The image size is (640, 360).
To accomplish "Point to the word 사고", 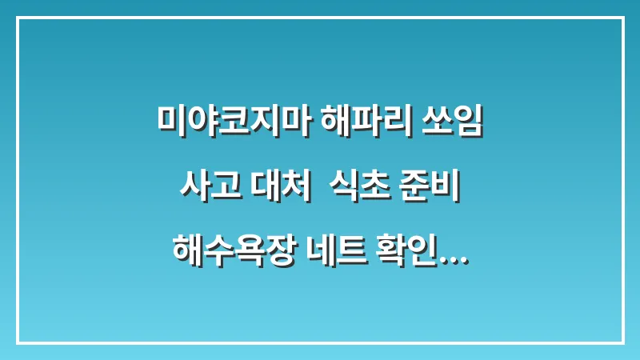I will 200,189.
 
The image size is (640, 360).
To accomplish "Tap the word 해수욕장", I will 234,254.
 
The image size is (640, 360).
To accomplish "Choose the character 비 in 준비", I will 453,189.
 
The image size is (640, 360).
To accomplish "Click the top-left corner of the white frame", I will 18,18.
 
